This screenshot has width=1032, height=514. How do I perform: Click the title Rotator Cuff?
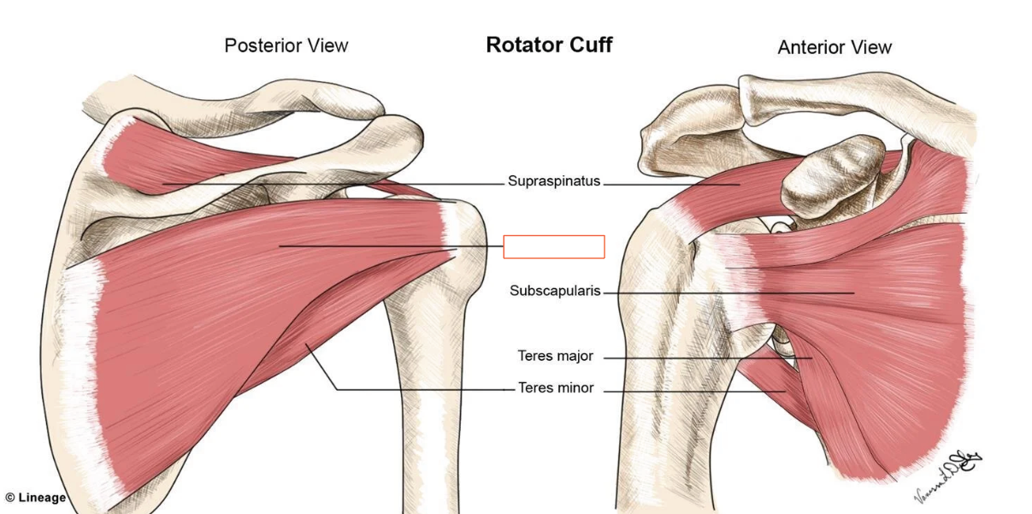549,45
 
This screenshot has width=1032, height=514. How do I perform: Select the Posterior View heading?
286,45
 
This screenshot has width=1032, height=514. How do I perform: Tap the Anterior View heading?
834,48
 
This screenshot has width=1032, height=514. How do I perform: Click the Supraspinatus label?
554,181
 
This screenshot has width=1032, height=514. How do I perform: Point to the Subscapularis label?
555,291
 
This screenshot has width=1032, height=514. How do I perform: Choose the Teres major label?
555,356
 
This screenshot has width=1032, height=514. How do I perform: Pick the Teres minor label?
556,388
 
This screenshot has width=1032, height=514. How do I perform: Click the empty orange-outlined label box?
553,246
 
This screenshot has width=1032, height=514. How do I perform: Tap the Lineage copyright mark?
35,498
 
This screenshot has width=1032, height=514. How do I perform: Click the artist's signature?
946,470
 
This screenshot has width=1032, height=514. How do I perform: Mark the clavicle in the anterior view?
855,98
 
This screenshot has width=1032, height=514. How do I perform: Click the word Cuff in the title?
590,45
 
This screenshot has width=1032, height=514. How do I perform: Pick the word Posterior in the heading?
261,45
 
